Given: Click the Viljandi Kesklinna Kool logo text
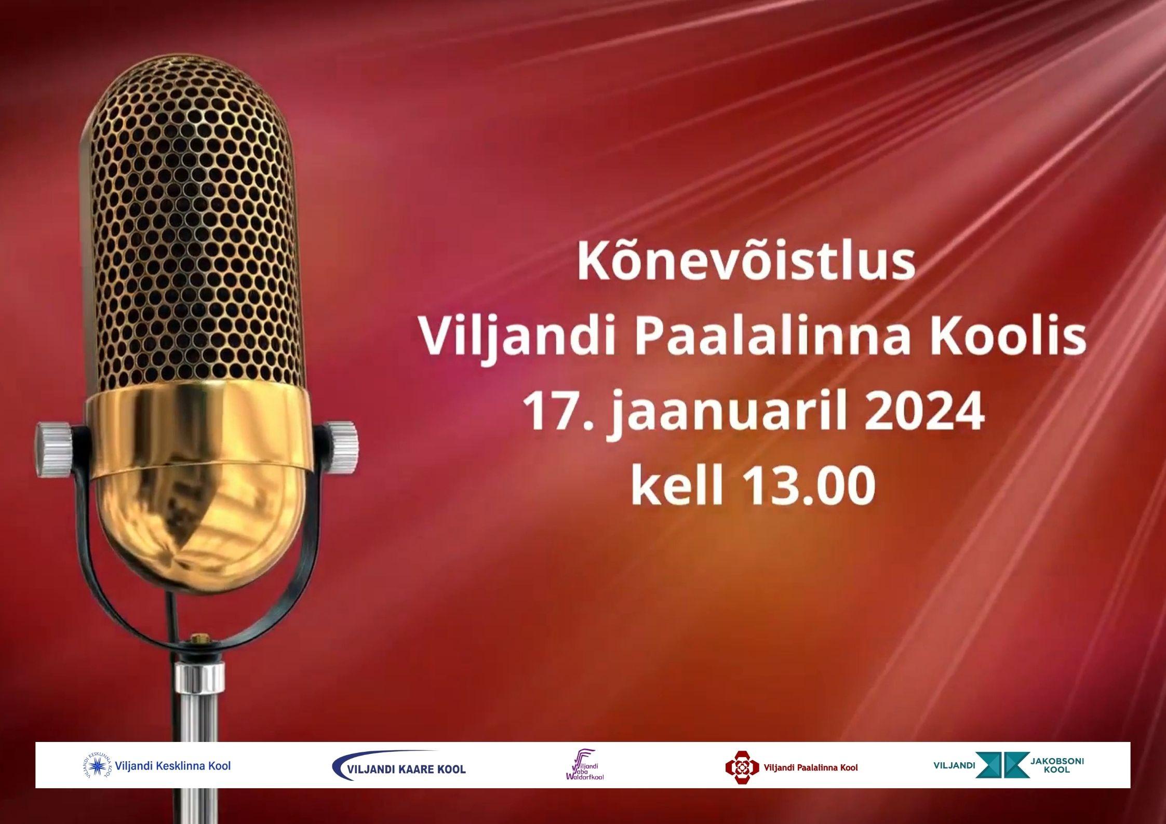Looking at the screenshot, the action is pyautogui.click(x=173, y=765).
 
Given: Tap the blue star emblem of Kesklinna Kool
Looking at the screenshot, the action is pyautogui.click(x=98, y=766).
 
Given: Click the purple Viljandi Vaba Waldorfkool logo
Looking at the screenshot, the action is pyautogui.click(x=584, y=765).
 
